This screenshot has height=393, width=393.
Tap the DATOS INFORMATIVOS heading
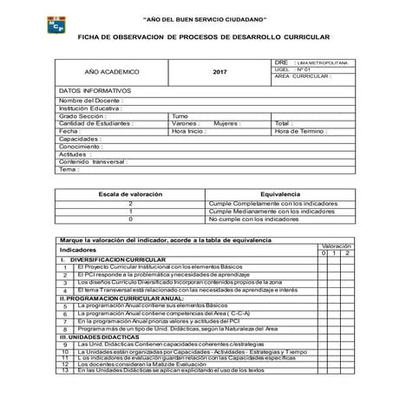pos(95,90)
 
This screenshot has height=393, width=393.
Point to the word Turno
pos(180,115)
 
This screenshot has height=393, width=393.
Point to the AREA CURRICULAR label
pos(302,76)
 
